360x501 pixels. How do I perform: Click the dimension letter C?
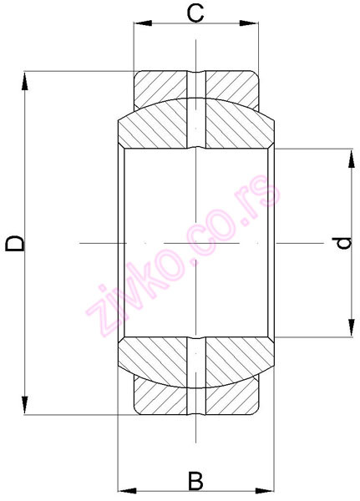[195, 13]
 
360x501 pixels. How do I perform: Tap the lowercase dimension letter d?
[341, 243]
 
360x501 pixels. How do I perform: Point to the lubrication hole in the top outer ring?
[195, 85]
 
